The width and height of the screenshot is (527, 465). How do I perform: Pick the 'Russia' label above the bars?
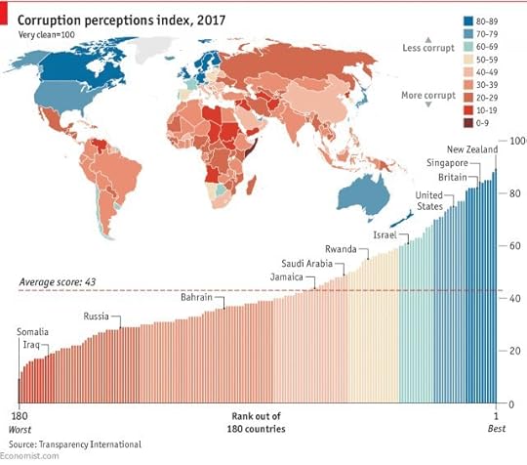pos(96,317)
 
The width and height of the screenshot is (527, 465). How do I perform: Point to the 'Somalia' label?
pos(33,332)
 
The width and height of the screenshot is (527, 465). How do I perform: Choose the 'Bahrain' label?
pos(200,297)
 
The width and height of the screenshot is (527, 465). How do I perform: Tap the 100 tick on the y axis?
pos(515,143)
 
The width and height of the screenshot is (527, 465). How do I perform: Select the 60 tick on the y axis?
pos(513,246)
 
